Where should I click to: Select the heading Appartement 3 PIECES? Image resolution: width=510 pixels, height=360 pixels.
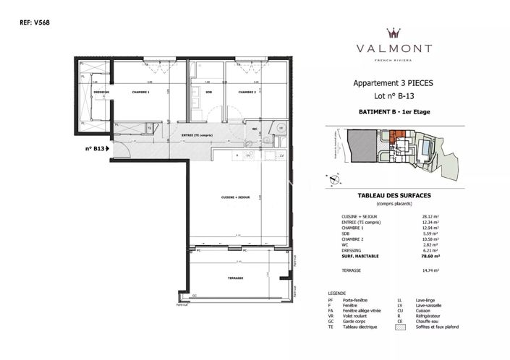(x=393, y=83)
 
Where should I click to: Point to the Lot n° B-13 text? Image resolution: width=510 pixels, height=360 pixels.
(x=393, y=95)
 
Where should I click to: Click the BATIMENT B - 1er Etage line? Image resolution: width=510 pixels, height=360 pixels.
(x=393, y=112)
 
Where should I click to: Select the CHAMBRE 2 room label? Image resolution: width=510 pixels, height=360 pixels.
(x=248, y=93)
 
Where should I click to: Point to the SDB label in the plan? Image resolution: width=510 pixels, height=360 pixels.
(x=208, y=93)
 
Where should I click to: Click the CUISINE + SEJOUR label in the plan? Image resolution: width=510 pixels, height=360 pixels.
(x=224, y=197)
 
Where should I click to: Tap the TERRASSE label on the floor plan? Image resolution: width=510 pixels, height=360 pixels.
(x=234, y=278)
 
